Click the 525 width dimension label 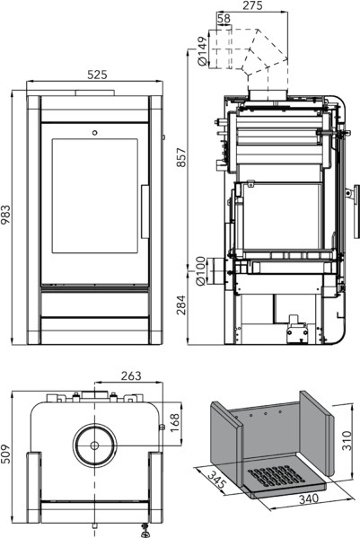pos(97,75)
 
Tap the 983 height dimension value pos(5,215)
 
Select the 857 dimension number pos(181,157)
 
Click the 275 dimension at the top pos(252,5)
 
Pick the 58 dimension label pos(224,18)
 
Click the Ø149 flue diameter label pos(203,51)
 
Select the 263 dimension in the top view pos(131,375)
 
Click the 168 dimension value pos(174,423)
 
